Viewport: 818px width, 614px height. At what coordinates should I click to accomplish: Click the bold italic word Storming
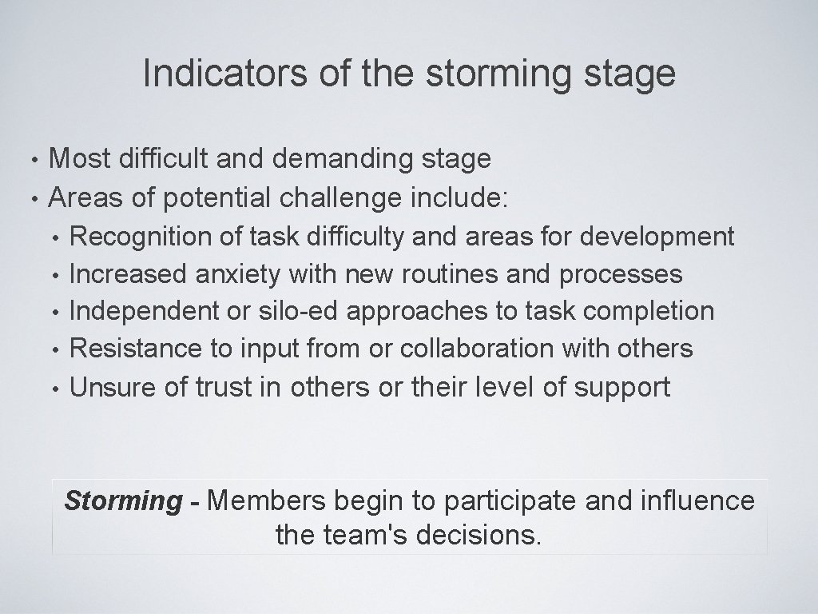tap(123, 501)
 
